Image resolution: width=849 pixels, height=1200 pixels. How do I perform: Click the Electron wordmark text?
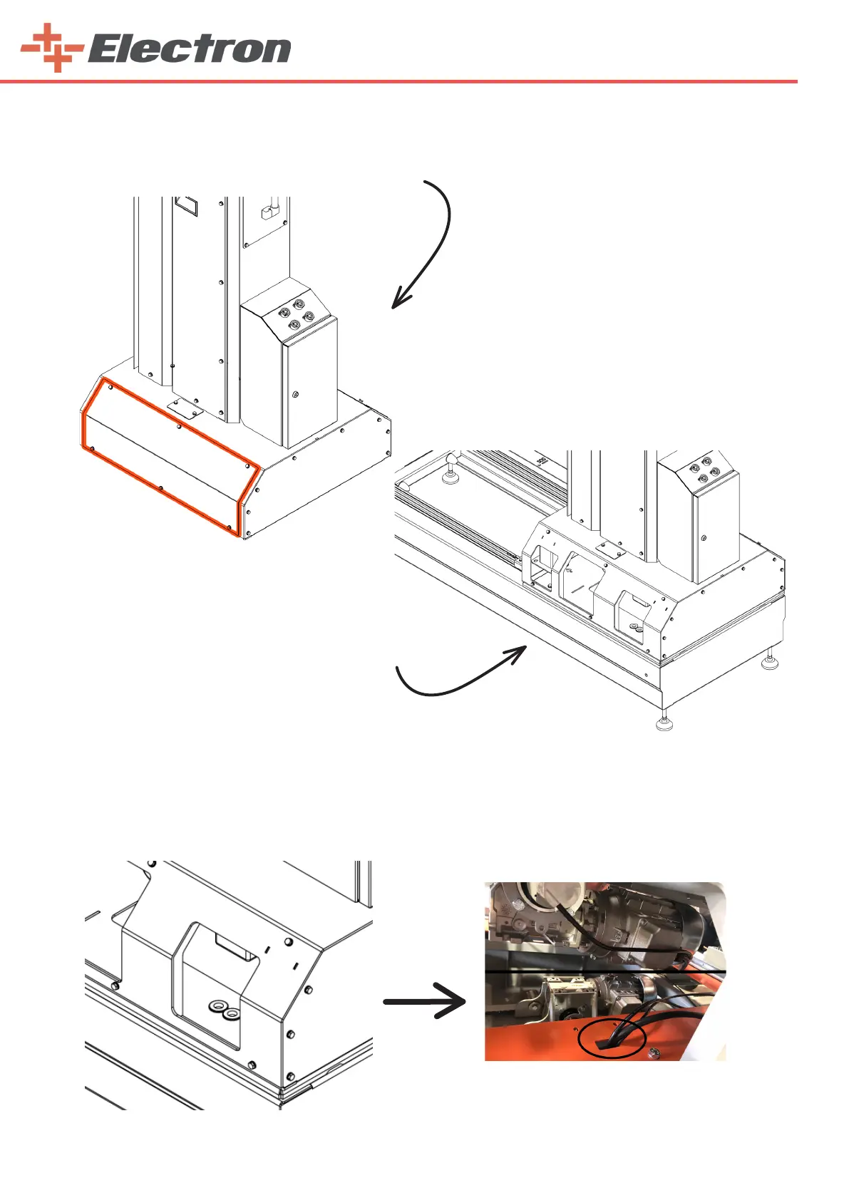point(189,50)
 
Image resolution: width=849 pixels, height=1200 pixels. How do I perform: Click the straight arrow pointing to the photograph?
point(425,1001)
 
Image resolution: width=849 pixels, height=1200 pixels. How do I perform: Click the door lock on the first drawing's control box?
point(296,394)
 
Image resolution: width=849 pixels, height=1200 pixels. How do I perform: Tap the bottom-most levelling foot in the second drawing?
point(664,723)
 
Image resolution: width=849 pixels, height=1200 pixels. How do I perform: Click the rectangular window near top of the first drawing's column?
point(186,205)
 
